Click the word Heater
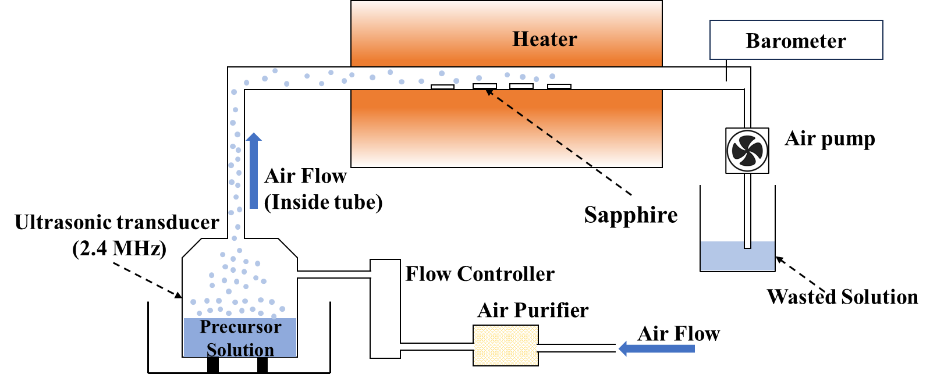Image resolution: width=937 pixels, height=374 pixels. pos(544,39)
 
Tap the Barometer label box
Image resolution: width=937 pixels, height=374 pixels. pos(796,40)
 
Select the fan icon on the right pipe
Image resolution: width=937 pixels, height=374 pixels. pos(747,151)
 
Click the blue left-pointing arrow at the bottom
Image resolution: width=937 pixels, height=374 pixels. pos(657,348)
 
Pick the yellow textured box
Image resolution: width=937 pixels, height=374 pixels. pos(505,345)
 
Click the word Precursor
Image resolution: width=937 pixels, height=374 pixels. pos(240,327)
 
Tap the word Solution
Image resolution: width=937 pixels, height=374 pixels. pos(240,350)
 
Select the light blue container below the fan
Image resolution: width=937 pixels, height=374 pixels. pos(737,257)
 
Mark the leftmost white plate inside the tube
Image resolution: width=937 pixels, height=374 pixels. pos(442,87)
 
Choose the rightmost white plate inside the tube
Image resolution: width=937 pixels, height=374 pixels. pos(559,87)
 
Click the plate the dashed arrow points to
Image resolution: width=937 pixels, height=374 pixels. pos(485,86)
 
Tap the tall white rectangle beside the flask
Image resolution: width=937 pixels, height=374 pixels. pos(385,308)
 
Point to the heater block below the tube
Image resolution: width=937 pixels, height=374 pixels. pos(506,128)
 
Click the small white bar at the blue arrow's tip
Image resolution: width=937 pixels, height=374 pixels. pos(619,344)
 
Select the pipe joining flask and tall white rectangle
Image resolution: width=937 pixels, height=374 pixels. pos(333,275)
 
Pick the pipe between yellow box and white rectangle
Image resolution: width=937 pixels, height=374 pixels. pos(436,347)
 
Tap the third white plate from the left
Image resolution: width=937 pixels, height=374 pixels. pos(521,86)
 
